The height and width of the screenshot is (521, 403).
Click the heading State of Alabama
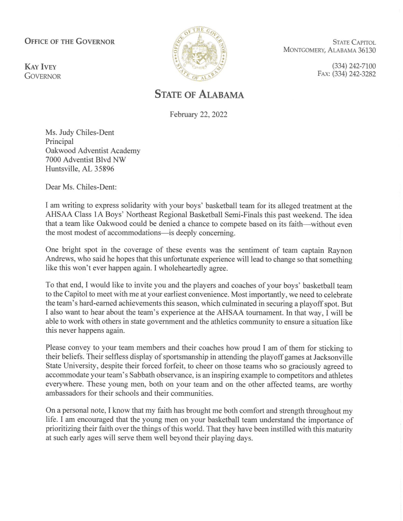[199, 95]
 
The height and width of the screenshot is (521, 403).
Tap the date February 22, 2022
[198, 114]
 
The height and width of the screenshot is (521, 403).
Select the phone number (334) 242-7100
[354, 66]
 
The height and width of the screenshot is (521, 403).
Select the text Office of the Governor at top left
[69, 42]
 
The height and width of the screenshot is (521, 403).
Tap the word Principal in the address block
[60, 141]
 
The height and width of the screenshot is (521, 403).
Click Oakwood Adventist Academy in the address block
[93, 151]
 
